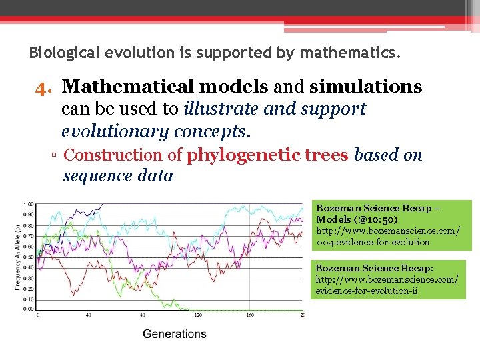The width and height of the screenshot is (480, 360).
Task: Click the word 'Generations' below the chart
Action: point(175,333)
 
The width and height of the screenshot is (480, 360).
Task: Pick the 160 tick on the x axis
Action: point(250,315)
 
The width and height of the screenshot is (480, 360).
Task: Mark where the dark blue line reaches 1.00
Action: point(101,204)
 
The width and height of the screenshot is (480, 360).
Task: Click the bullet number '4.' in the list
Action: point(44,87)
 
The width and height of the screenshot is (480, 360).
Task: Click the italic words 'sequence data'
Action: point(118,177)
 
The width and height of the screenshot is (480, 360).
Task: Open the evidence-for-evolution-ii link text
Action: point(367,291)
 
